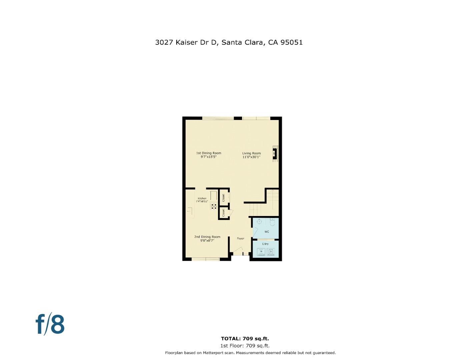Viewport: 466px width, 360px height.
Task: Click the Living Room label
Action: [x=251, y=155]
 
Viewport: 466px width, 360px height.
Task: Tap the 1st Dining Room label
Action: [x=209, y=155]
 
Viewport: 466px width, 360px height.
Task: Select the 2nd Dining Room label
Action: [x=207, y=238]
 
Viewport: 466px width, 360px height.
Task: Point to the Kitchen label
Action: [x=202, y=200]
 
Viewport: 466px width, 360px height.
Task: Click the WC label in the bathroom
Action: [x=267, y=232]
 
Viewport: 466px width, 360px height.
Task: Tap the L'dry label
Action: [x=265, y=244]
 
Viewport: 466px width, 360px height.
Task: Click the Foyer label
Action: [x=241, y=238]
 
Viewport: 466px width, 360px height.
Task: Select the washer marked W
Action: [x=261, y=252]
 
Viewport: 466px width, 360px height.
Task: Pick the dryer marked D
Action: [x=271, y=252]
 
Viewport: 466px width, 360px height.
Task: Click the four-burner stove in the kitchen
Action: [x=214, y=206]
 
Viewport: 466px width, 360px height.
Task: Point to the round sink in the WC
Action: [x=259, y=221]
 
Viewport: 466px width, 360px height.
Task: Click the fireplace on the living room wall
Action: [x=275, y=154]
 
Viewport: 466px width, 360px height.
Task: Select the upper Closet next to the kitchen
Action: [x=223, y=197]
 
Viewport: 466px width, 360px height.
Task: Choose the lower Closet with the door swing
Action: [x=223, y=213]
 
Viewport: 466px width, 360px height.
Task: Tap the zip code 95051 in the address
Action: [x=291, y=42]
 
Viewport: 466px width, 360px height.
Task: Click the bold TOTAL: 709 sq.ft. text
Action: [x=245, y=339]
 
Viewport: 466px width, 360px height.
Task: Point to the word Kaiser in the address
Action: [x=186, y=42]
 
